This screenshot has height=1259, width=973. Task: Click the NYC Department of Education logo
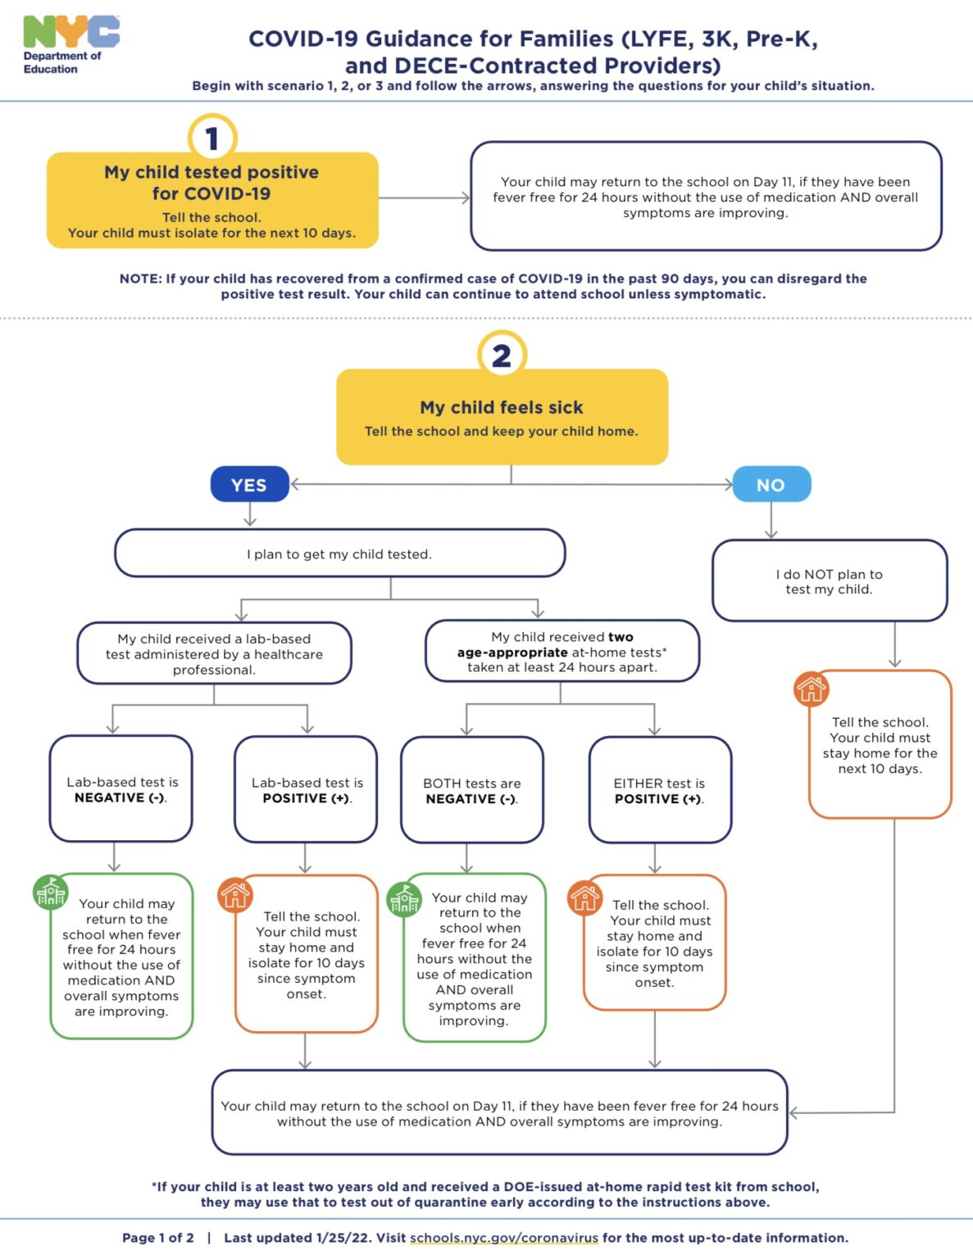click(70, 44)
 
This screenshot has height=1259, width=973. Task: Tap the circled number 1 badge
click(212, 138)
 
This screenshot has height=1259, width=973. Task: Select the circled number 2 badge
click(502, 355)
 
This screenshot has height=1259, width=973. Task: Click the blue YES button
click(249, 484)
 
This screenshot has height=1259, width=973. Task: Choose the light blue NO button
click(771, 484)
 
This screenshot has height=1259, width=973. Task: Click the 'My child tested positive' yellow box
click(212, 201)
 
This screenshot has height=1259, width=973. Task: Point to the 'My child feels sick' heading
click(502, 407)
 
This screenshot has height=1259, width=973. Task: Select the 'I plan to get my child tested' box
click(339, 553)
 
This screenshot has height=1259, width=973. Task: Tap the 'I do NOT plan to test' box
click(830, 581)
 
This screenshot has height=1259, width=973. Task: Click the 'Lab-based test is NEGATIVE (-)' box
click(121, 789)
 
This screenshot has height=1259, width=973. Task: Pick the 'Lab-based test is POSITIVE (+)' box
click(307, 789)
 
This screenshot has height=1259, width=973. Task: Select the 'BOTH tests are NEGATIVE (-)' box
click(472, 790)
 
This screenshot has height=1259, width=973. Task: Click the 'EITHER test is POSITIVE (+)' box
click(660, 790)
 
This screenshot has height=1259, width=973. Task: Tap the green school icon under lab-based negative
click(50, 893)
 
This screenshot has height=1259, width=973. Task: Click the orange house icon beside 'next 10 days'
click(811, 689)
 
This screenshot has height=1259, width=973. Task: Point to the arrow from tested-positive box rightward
click(425, 198)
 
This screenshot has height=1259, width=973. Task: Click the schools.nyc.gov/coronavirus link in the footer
click(504, 1238)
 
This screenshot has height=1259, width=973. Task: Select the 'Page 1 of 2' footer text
click(158, 1238)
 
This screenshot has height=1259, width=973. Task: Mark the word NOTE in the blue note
click(139, 279)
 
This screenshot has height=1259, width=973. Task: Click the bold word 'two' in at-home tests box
click(621, 637)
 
